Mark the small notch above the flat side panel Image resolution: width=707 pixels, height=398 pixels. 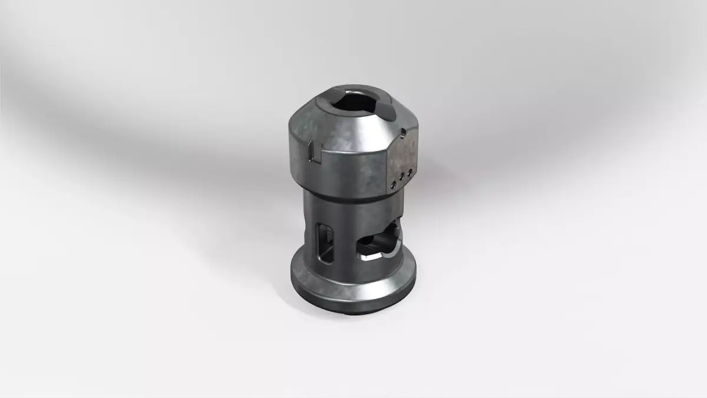402,131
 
